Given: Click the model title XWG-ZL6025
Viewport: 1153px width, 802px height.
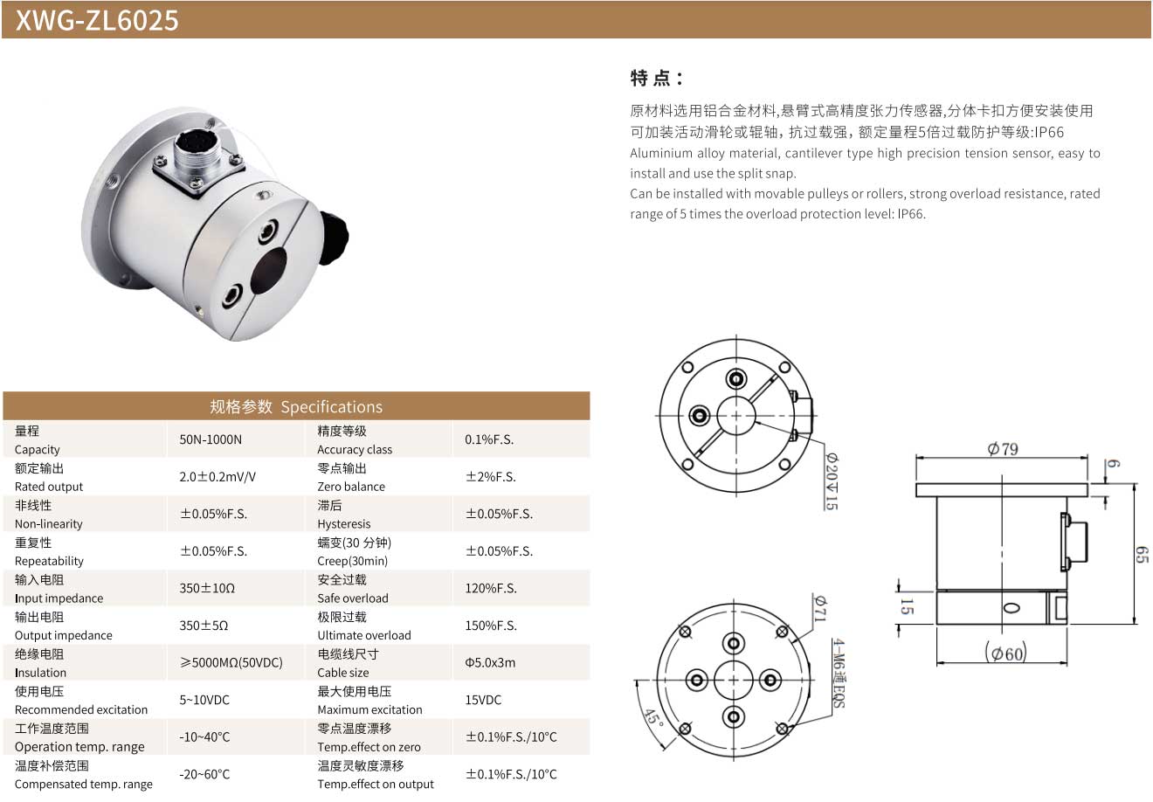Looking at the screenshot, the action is (97, 20).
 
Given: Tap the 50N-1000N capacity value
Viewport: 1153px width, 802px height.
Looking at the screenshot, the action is (211, 439).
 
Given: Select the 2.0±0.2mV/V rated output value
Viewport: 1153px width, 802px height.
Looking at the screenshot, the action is (217, 477).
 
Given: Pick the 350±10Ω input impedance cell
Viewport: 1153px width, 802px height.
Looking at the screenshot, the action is (207, 588).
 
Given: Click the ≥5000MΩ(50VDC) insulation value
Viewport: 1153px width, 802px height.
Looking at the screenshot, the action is (231, 662).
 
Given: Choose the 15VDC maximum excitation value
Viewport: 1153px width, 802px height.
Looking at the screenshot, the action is (483, 700).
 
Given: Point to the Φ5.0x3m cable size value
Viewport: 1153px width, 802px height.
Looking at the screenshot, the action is (490, 662).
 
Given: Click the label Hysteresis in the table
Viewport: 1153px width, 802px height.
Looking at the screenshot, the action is (344, 524).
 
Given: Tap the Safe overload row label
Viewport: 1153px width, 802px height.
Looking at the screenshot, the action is (353, 598).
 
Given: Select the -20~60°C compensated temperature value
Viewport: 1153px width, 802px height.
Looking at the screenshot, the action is (204, 774).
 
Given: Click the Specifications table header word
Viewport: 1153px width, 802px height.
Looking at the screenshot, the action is (332, 406).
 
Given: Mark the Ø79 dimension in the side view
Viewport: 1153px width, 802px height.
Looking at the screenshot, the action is (1003, 449).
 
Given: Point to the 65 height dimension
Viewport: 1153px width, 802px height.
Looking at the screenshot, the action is (1142, 555).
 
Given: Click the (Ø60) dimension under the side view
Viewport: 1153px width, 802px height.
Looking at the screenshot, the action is (1005, 653).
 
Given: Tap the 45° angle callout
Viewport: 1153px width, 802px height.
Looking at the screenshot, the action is (654, 717).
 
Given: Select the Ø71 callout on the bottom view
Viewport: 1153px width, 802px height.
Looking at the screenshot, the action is (820, 608).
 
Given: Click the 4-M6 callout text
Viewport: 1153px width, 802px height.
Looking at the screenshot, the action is (839, 674).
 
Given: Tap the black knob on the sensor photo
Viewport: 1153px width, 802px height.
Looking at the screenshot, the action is (334, 238).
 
